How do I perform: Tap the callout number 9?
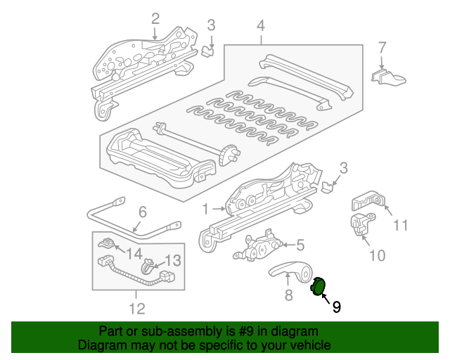tap(336, 307)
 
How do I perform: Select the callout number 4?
tap(261, 26)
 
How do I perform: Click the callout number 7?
tap(382, 48)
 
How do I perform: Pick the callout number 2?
tap(155, 18)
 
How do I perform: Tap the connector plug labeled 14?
tap(107, 246)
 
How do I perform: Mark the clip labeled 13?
tap(150, 266)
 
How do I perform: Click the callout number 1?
tap(206, 209)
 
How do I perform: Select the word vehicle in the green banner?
tap(307, 345)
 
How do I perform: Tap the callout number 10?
tap(378, 255)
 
